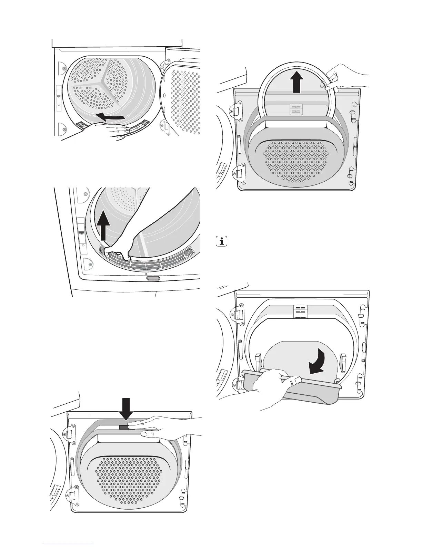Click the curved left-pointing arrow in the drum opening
111,117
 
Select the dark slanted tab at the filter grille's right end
189,253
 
